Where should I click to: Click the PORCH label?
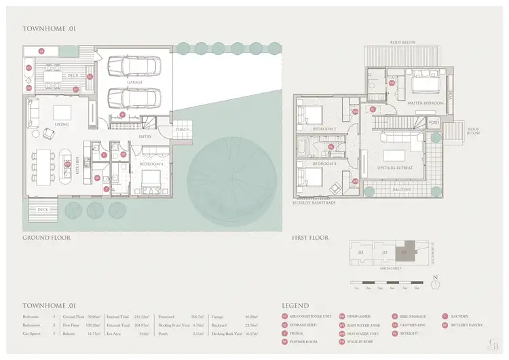coord(183,130)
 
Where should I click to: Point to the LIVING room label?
coord(62,124)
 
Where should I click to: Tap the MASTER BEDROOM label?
coord(425,103)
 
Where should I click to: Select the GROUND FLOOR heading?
coord(46,238)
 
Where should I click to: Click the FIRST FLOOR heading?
coord(309,238)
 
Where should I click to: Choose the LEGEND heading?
coord(295,306)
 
